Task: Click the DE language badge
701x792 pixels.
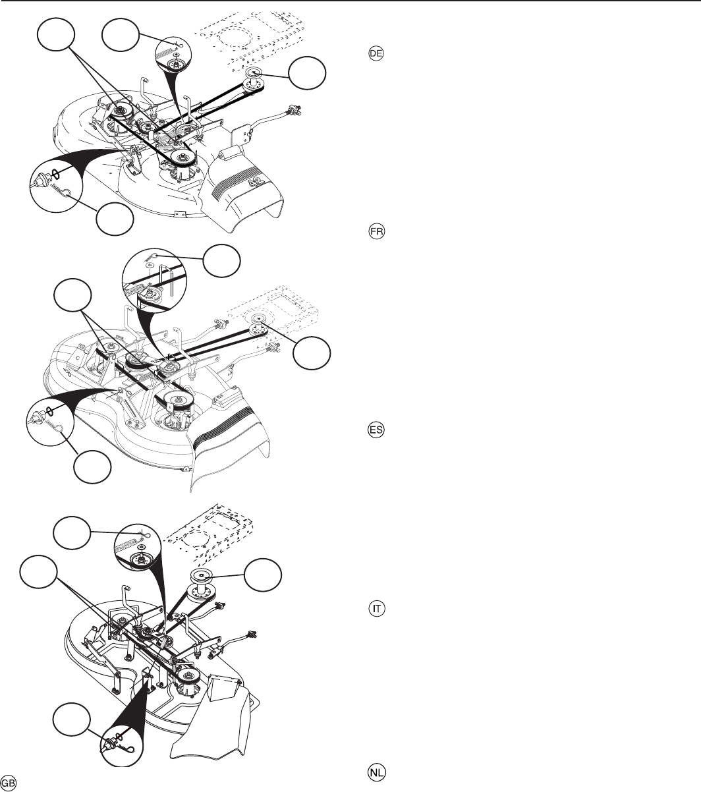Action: [x=376, y=53]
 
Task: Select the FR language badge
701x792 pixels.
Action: [x=376, y=231]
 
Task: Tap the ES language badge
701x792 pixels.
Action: [x=376, y=430]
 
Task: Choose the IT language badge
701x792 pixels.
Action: [x=376, y=609]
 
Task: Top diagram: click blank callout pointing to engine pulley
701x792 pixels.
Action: [x=307, y=73]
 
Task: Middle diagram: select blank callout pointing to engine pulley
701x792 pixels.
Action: [x=312, y=353]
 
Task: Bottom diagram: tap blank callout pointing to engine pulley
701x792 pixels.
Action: [x=263, y=575]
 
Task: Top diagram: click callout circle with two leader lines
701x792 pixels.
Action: [x=56, y=34]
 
